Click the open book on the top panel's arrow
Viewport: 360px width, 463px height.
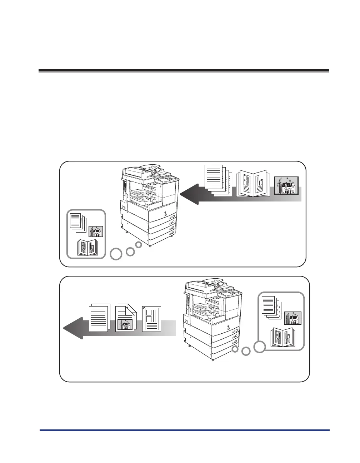[253, 183]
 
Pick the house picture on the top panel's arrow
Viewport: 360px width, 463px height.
[286, 185]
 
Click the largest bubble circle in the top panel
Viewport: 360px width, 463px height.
[115, 254]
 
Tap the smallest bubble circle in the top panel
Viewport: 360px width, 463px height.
[139, 245]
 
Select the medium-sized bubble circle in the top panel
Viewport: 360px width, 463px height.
[130, 252]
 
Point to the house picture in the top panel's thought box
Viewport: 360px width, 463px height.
[96, 232]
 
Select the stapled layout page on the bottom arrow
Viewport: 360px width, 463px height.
[152, 319]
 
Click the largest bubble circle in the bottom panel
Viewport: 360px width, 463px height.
[260, 347]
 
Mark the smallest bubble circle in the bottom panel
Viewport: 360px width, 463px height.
[235, 349]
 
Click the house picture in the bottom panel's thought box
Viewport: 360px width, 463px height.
[292, 318]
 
